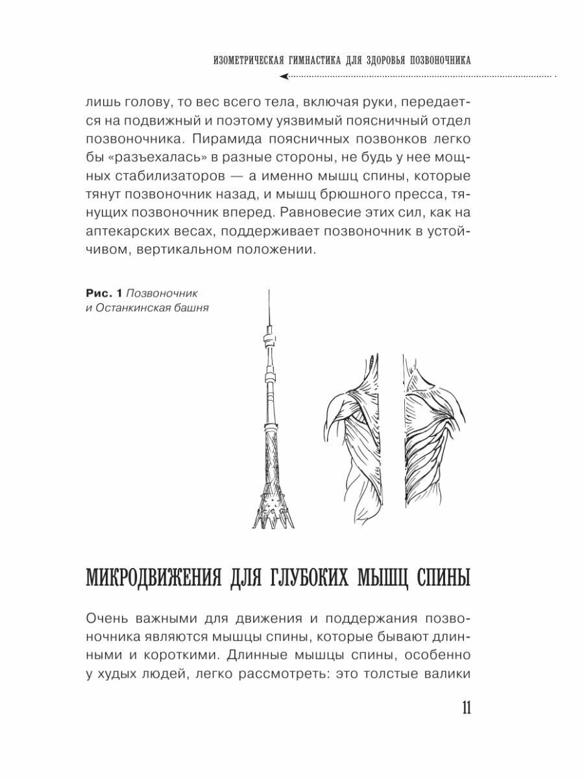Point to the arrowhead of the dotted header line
pos(284,76)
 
